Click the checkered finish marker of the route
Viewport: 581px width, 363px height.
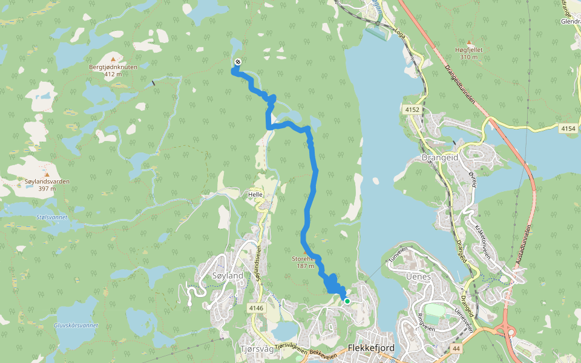coord(237,62)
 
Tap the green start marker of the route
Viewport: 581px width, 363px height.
coord(347,301)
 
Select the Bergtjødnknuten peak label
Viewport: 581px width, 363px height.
coord(113,67)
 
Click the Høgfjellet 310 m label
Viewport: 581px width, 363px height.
coord(469,53)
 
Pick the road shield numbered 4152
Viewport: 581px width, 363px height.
coord(412,110)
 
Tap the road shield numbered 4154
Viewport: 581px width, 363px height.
coord(568,128)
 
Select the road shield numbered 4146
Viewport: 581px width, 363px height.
coord(256,308)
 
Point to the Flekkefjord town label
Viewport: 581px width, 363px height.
coord(372,348)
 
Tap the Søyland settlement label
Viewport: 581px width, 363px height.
coord(228,276)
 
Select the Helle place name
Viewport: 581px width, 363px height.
coord(255,195)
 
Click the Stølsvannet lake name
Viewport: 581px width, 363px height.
coord(52,217)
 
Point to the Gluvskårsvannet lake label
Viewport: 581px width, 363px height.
coord(76,325)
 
